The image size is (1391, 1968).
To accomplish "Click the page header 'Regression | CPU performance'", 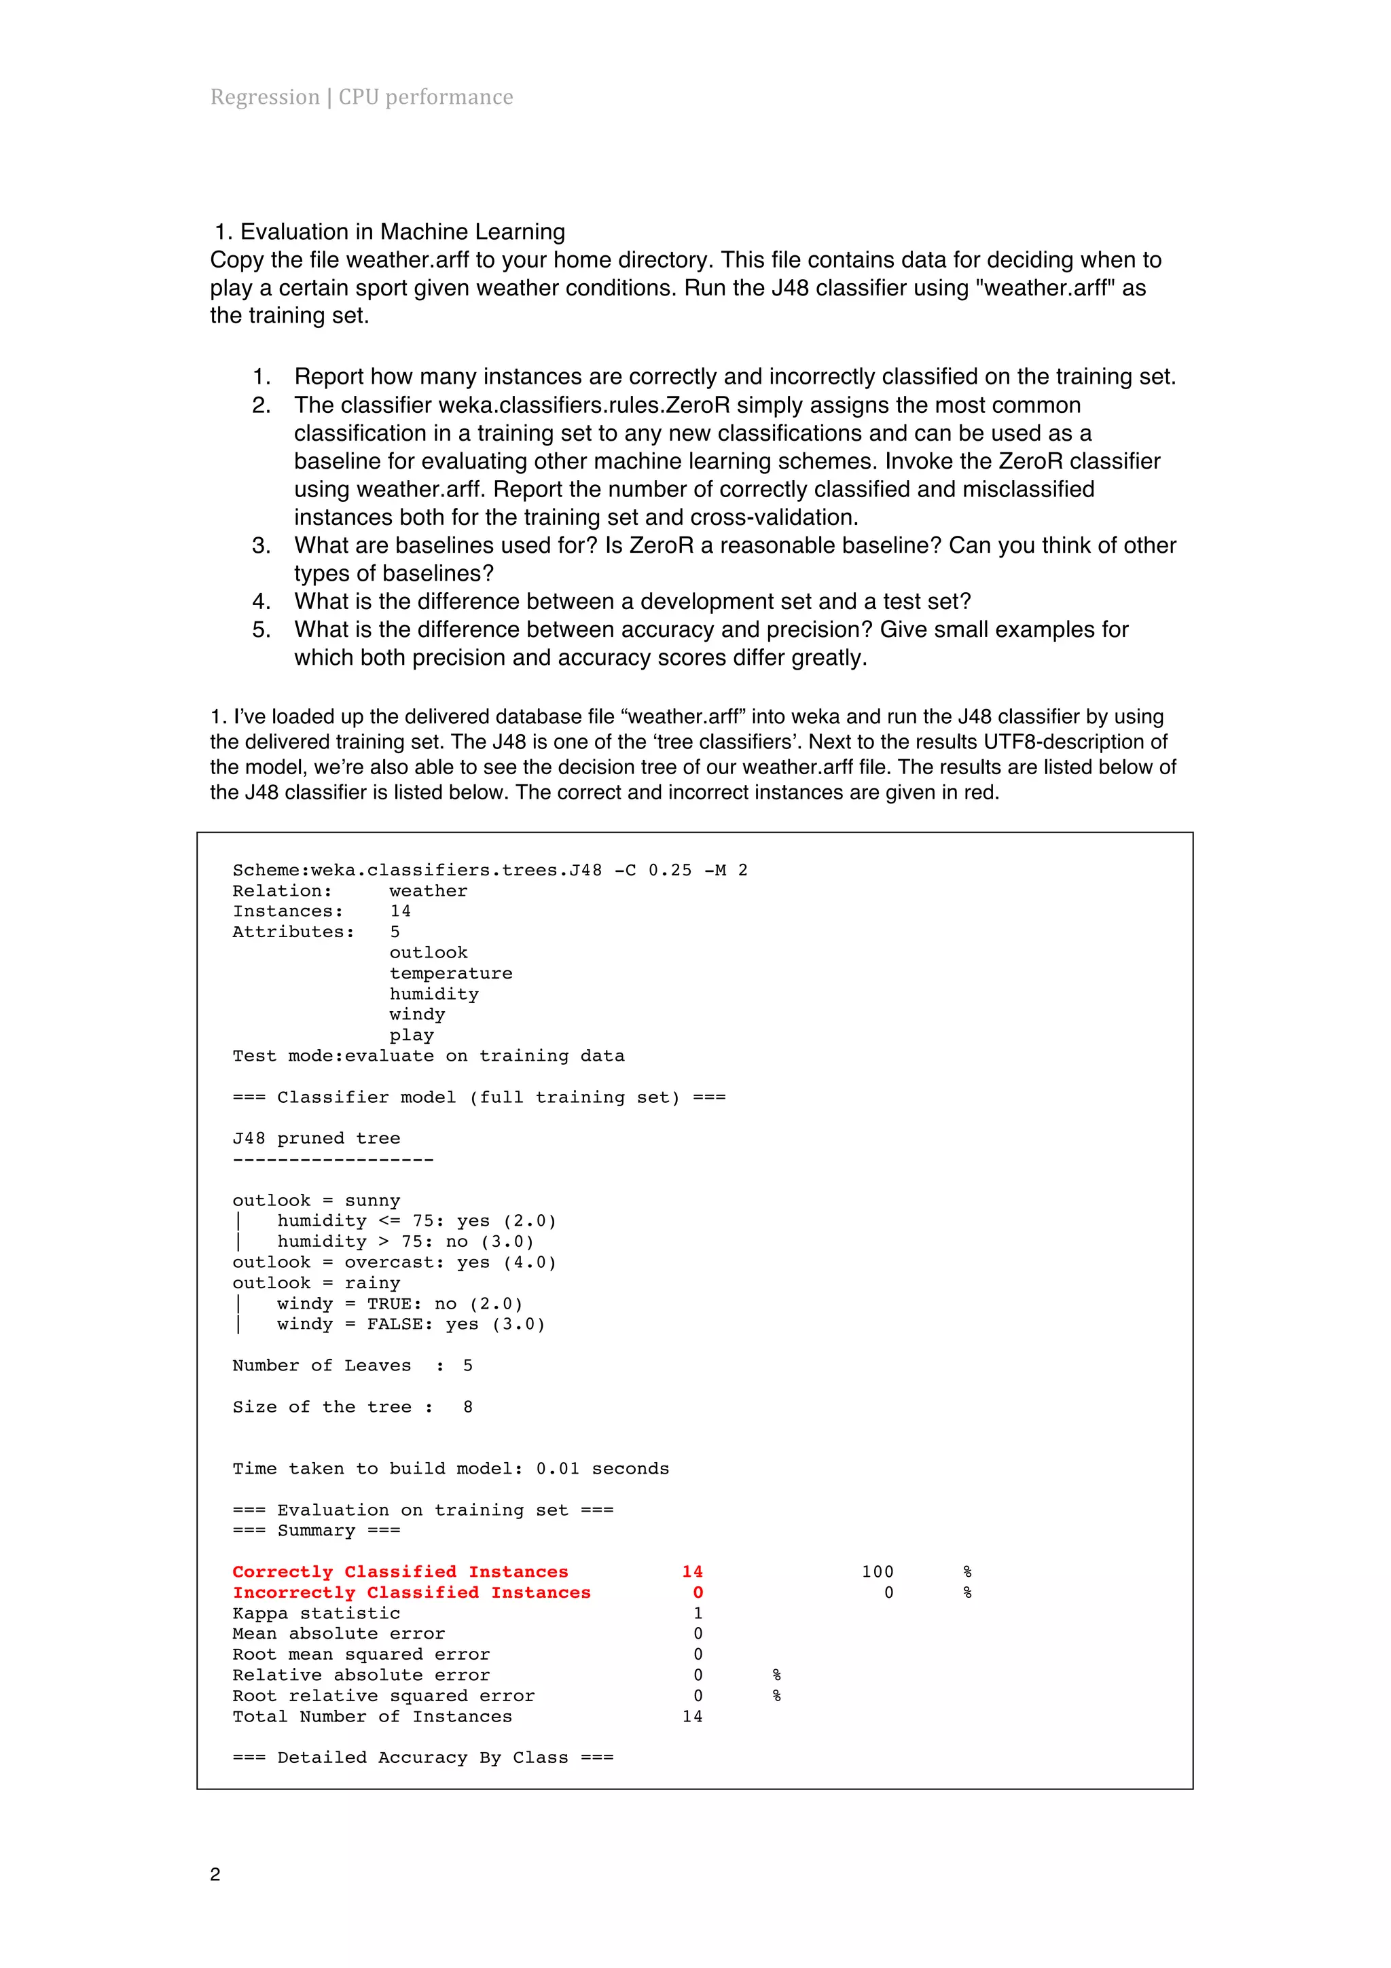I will pyautogui.click(x=362, y=97).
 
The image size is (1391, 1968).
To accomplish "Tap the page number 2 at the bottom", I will pyautogui.click(x=215, y=1874).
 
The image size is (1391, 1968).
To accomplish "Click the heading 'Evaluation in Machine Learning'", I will pyautogui.click(x=402, y=232).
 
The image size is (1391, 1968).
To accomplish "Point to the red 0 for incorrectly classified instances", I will pyautogui.click(x=698, y=1592).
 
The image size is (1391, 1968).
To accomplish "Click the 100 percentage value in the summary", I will pyautogui.click(x=877, y=1571).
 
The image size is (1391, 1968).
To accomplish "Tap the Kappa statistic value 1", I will pyautogui.click(x=698, y=1612).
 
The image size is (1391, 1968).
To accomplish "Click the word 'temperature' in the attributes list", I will pyautogui.click(x=451, y=973).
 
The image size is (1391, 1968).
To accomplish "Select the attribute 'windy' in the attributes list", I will pyautogui.click(x=418, y=1014).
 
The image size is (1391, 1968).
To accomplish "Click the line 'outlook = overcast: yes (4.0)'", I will pyautogui.click(x=394, y=1262).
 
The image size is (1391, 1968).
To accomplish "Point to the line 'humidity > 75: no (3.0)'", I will pyautogui.click(x=405, y=1241).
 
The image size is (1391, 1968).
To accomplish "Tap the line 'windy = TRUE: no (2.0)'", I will pyautogui.click(x=399, y=1303).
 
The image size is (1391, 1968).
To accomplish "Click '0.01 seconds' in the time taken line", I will pyautogui.click(x=602, y=1468).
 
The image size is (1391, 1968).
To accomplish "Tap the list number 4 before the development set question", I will pyautogui.click(x=261, y=602).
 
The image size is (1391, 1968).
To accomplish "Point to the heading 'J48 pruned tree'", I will pyautogui.click(x=317, y=1138).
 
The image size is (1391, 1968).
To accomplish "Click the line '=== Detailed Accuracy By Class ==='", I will pyautogui.click(x=422, y=1757).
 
